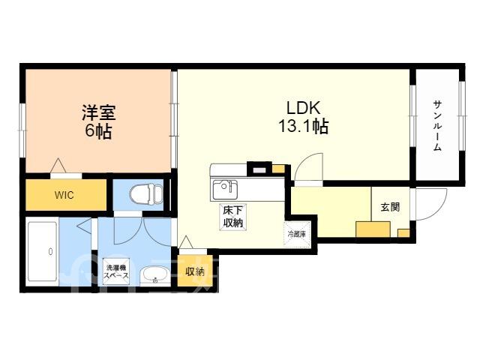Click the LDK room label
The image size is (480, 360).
303,108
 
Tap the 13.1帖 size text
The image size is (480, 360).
303,126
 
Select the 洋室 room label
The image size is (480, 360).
98,112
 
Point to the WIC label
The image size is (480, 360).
64,195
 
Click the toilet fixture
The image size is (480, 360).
146,194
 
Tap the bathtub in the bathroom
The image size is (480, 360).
43,252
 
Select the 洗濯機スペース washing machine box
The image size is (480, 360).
116,271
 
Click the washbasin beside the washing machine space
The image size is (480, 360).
154,275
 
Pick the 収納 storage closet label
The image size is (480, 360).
195,271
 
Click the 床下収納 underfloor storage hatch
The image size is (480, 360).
233,217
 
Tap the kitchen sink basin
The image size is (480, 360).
225,190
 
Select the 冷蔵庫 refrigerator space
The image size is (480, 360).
297,234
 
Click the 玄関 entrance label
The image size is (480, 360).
390,207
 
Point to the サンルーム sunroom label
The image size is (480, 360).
437,126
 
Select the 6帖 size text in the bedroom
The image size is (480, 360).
98,131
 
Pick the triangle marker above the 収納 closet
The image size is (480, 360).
186,242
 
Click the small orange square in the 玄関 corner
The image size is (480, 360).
403,233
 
